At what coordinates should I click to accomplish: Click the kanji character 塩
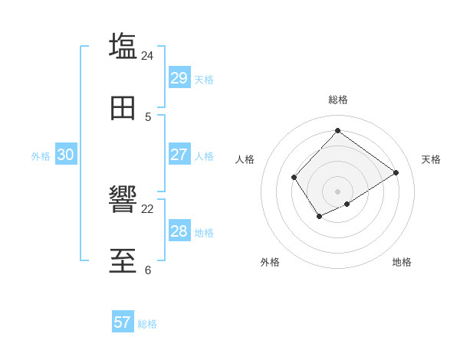click(123, 45)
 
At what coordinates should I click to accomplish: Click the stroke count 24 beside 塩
click(147, 56)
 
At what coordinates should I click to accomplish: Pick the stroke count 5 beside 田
click(148, 117)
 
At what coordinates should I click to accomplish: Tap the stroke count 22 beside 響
click(147, 209)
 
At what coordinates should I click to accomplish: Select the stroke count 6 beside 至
click(148, 270)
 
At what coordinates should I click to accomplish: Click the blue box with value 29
click(179, 78)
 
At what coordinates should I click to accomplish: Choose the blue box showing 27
click(179, 155)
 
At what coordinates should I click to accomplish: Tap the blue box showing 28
click(179, 231)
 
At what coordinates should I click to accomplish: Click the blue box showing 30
click(65, 155)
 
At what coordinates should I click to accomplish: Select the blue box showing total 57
click(122, 322)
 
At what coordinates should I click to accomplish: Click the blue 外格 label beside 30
click(41, 156)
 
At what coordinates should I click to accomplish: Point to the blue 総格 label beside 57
click(147, 324)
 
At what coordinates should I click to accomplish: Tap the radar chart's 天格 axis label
click(431, 159)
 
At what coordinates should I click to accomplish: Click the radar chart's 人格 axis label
click(245, 159)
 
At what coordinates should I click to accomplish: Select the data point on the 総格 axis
click(337, 130)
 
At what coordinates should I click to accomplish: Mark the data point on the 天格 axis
click(396, 172)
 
